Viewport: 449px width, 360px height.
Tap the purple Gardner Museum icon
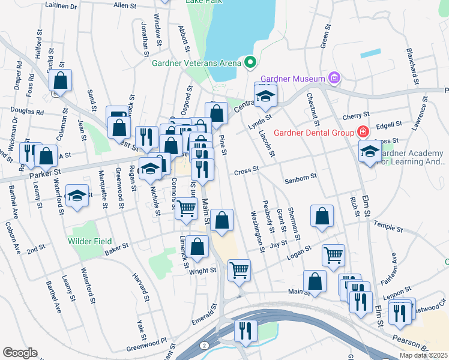(334, 78)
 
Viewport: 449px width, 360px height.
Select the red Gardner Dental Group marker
(363, 131)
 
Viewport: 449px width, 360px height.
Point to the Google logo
(20, 353)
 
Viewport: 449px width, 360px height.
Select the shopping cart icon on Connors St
(186, 208)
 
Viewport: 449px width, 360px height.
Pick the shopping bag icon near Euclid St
(60, 79)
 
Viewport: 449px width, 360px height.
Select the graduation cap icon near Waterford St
(77, 196)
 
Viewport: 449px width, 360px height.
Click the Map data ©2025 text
(423, 355)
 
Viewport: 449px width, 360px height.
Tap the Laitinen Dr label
(62, 7)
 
